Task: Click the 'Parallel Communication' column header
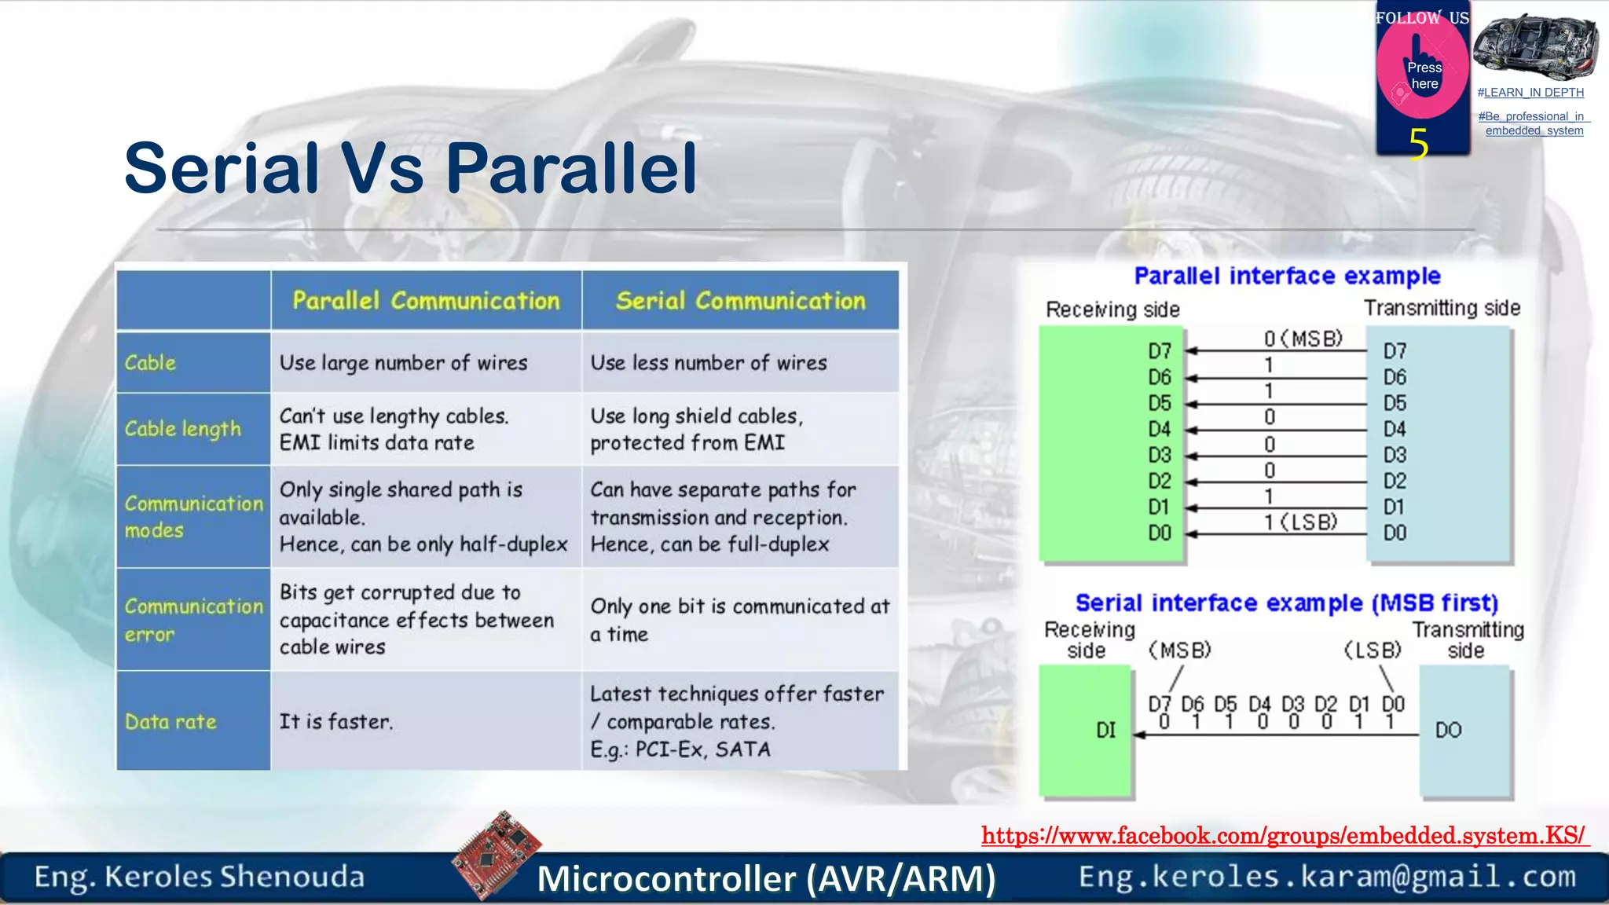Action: (x=426, y=300)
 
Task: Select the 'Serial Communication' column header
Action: (x=740, y=300)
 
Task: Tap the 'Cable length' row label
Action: (x=183, y=429)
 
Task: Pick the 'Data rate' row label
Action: (x=170, y=721)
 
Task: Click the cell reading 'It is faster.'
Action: (x=336, y=721)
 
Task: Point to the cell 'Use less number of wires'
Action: (x=709, y=362)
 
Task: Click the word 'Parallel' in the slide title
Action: (x=571, y=168)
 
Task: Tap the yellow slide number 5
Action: (x=1418, y=145)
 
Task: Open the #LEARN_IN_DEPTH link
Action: (x=1530, y=93)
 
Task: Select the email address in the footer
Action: (x=1327, y=876)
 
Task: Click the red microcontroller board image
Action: (x=497, y=854)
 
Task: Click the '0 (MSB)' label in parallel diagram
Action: (x=1303, y=339)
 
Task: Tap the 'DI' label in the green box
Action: (x=1105, y=731)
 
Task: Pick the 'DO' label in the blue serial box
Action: (x=1448, y=731)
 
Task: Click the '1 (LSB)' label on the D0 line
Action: (x=1301, y=522)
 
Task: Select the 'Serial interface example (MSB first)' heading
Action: (x=1286, y=603)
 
